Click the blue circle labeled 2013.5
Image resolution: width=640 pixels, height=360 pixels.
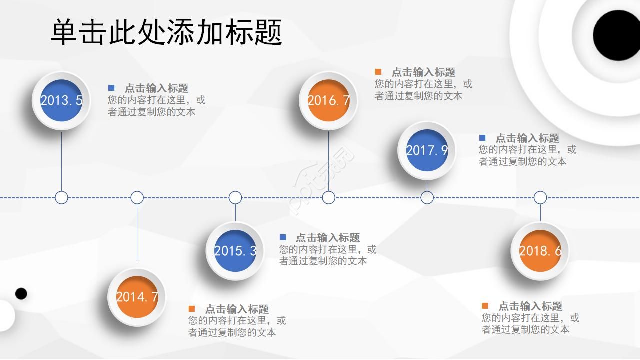(61, 100)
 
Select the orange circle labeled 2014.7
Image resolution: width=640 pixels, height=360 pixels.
(137, 297)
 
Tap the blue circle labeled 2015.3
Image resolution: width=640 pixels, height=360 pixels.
(235, 251)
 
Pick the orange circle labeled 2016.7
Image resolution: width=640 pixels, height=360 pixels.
(328, 100)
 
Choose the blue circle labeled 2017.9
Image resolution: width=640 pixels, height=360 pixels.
(427, 150)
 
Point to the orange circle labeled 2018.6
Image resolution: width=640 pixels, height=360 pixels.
(540, 251)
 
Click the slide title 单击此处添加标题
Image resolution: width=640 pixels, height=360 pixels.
(166, 32)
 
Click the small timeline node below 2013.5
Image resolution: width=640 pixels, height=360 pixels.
(61, 197)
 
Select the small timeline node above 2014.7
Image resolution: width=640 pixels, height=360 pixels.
(137, 197)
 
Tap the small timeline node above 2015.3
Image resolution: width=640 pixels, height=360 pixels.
(235, 197)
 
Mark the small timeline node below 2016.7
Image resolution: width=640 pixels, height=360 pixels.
(328, 197)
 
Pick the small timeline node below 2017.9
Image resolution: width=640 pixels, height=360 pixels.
(427, 197)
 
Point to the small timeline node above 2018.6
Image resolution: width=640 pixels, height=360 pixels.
(540, 197)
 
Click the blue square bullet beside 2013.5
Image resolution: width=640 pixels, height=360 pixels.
(111, 88)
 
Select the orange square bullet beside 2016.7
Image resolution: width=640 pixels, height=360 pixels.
(378, 72)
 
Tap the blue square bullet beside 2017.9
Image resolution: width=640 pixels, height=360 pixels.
(482, 138)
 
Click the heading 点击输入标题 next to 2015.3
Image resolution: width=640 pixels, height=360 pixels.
(327, 238)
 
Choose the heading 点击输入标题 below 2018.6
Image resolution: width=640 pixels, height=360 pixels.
(530, 306)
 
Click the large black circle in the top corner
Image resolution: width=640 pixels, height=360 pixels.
(618, 35)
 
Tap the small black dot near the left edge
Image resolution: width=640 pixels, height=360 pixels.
(21, 293)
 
